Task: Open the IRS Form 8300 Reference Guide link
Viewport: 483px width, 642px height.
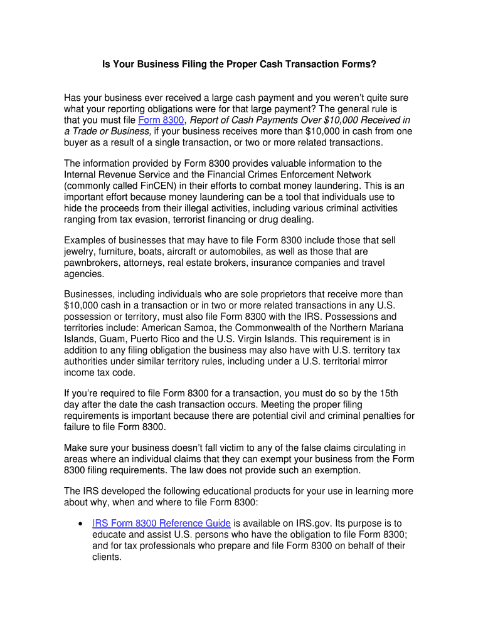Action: click(x=161, y=523)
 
